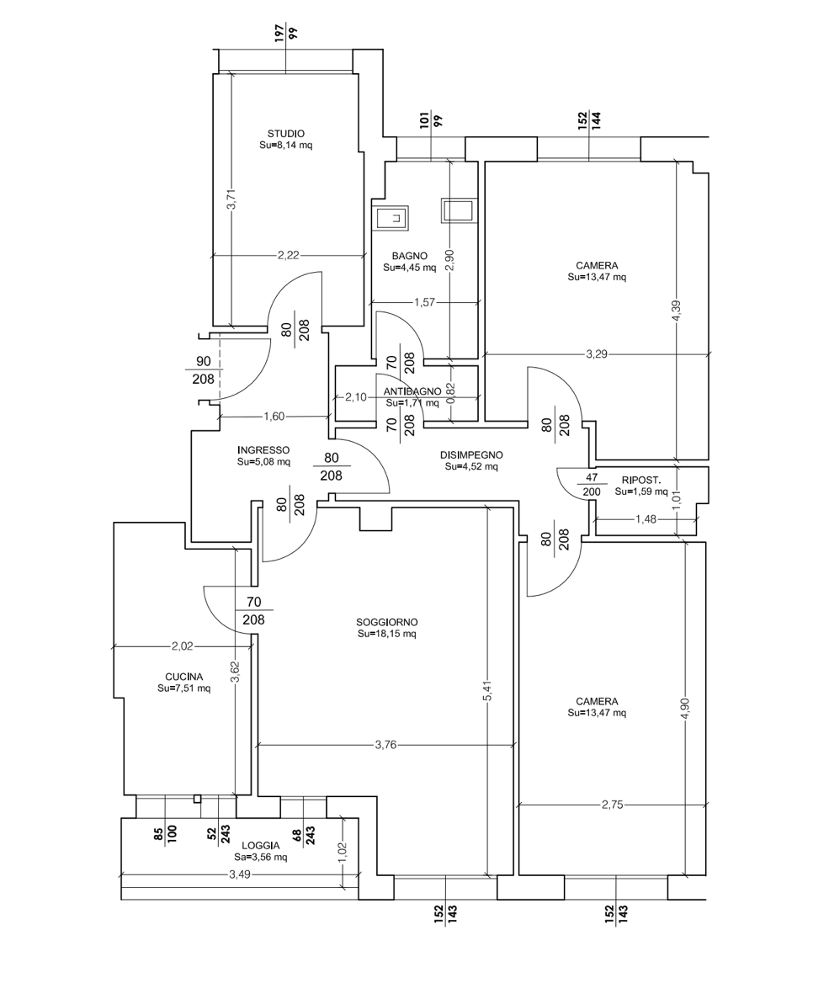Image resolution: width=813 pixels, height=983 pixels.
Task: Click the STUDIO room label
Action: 286,134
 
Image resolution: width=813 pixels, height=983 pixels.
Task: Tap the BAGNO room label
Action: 409,256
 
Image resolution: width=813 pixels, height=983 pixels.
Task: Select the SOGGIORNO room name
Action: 387,623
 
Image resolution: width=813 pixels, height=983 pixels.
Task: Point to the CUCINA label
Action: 183,677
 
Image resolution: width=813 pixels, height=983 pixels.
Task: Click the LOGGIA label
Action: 261,846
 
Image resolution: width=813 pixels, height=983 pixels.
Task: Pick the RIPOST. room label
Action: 641,481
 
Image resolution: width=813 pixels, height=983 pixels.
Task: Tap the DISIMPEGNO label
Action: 471,455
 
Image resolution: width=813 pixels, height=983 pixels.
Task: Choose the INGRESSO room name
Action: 263,450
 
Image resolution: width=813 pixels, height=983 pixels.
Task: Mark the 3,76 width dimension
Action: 385,745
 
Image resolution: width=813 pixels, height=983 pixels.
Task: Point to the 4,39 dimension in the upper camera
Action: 676,311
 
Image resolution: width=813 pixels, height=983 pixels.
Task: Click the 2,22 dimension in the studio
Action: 289,255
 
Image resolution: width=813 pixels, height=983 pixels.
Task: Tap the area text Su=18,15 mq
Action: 387,634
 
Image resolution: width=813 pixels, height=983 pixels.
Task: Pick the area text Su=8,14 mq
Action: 286,145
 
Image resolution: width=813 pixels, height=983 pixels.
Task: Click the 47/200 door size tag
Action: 592,485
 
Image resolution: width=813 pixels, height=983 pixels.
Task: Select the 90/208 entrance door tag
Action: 203,369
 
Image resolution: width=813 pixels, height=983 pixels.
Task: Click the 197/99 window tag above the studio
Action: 286,33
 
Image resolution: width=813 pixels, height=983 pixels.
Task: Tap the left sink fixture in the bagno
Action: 392,218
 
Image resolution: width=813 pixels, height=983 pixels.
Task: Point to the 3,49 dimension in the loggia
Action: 240,874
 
